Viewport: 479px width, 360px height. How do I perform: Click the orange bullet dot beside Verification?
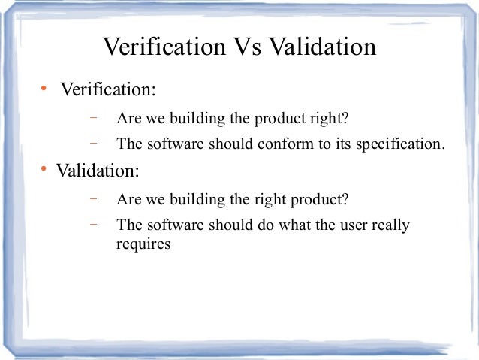pos(44,90)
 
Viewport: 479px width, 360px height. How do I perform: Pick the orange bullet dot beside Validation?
pos(44,170)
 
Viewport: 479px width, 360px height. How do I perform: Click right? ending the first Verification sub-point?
pos(332,119)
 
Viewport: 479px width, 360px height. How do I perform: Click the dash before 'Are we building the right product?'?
pos(95,199)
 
